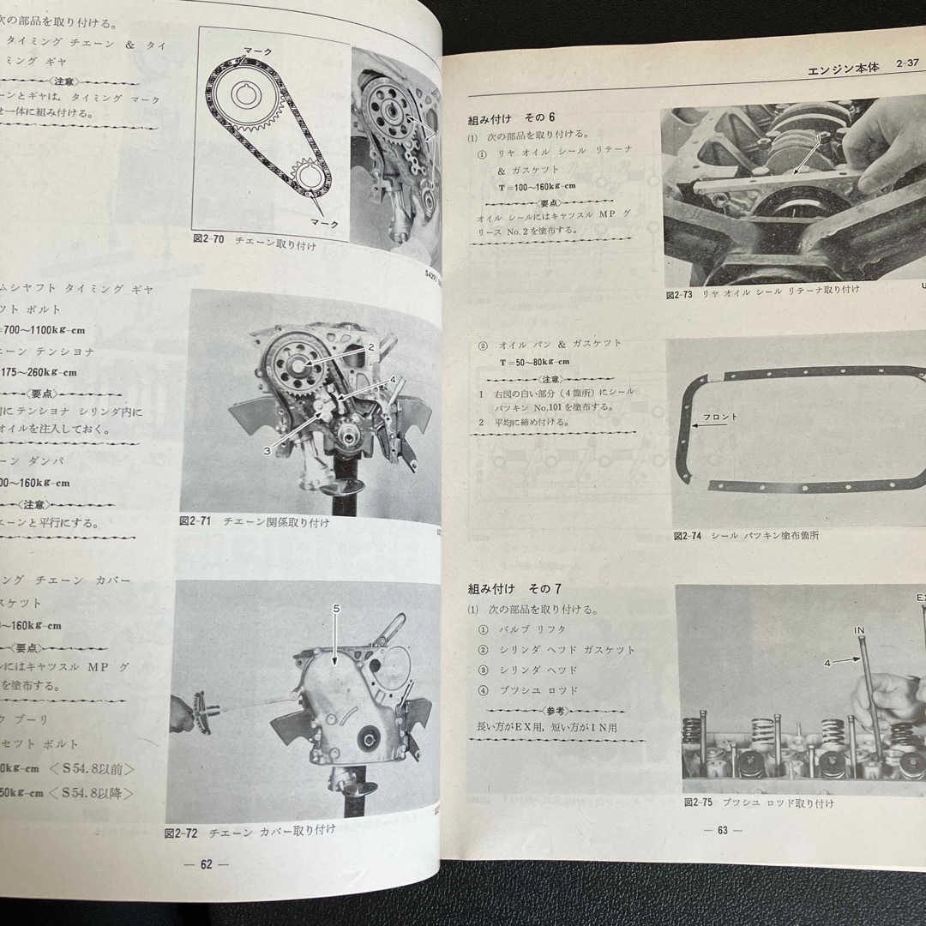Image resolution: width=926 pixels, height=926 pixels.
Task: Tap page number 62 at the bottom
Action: (x=206, y=863)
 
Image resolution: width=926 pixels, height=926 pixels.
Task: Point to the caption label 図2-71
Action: (x=196, y=520)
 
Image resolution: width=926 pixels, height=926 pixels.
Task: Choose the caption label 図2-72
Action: (x=181, y=831)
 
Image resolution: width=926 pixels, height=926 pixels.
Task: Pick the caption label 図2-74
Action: (x=688, y=535)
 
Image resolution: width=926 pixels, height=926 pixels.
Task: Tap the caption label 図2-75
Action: (x=700, y=803)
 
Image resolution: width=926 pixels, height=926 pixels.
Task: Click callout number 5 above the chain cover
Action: (x=336, y=608)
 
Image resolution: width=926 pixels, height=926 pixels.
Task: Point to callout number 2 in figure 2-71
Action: (x=372, y=346)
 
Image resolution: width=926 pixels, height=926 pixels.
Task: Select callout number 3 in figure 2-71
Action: (x=268, y=449)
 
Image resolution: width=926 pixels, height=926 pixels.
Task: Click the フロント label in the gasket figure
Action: (x=719, y=417)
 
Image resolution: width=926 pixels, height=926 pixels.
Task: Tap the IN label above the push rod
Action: (x=859, y=630)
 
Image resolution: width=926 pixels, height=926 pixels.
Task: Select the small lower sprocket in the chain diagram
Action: (x=307, y=177)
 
